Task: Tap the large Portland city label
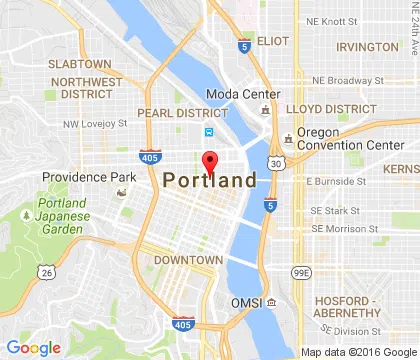[210, 181]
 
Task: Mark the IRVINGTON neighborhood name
[367, 47]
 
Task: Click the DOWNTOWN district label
[188, 260]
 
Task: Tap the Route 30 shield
[275, 163]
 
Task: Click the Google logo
[33, 347]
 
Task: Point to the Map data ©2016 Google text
[358, 352]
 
